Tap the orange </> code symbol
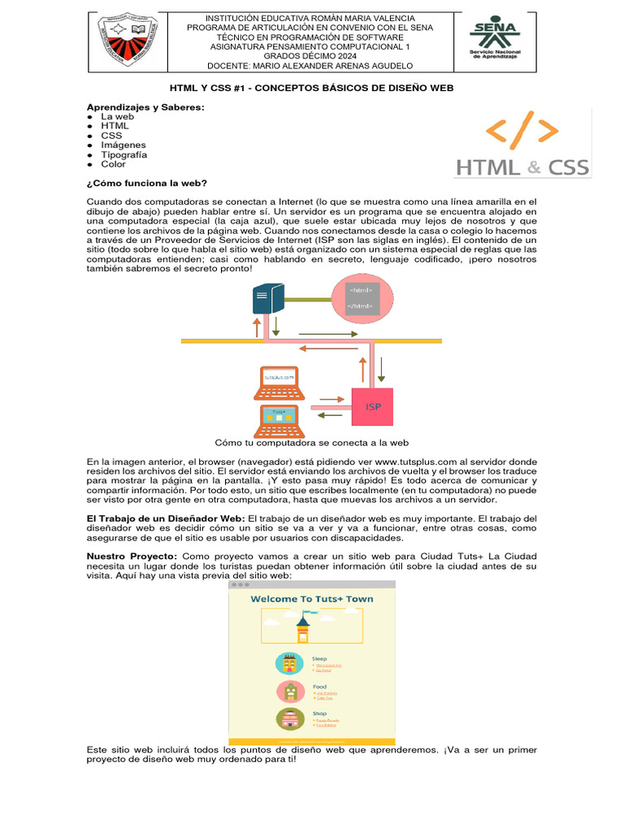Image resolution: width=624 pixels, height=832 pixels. (x=522, y=132)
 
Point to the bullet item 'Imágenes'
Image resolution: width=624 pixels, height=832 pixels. (x=123, y=145)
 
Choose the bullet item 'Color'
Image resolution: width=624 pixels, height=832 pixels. (x=114, y=164)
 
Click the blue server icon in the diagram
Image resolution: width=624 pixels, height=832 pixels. (x=265, y=298)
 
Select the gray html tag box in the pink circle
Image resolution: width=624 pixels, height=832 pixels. (x=362, y=297)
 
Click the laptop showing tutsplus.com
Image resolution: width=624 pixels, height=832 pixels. (x=278, y=383)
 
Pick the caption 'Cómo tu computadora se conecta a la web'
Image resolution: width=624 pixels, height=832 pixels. (x=311, y=443)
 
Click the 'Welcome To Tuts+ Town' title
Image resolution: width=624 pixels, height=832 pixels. (x=312, y=600)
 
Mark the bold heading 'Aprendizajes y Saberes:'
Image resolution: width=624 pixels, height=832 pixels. (x=146, y=107)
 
